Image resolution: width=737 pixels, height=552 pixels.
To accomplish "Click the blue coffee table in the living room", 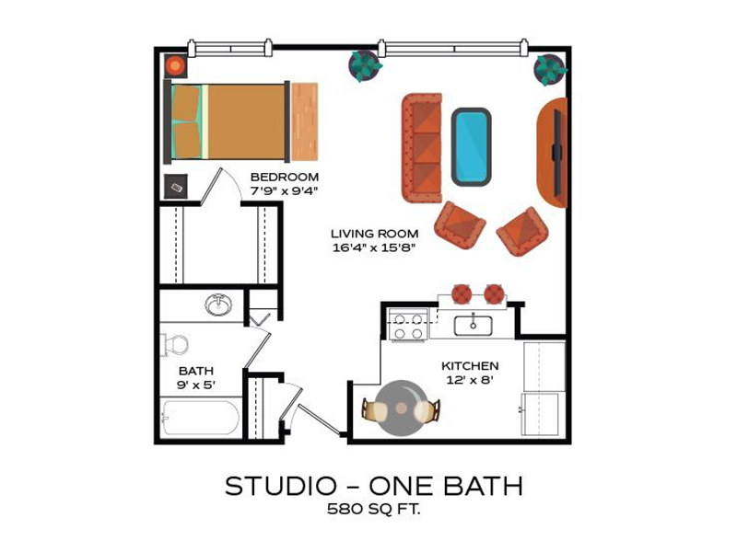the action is click(x=472, y=147).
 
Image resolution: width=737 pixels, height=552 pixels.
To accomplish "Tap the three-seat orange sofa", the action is click(x=422, y=148).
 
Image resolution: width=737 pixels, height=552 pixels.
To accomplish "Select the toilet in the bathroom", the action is click(x=175, y=345).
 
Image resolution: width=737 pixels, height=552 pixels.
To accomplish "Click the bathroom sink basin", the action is click(x=218, y=305).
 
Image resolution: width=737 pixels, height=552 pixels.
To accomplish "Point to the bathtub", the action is click(x=200, y=418).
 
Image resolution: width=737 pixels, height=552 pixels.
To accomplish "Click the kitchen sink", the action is click(x=474, y=326).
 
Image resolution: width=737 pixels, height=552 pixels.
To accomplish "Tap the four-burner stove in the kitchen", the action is click(x=408, y=325).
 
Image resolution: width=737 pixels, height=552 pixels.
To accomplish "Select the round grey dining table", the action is click(x=401, y=408).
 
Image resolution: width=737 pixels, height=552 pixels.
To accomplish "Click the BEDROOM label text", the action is click(x=285, y=177).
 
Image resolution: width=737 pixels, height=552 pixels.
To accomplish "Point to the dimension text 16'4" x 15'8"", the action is click(x=374, y=247).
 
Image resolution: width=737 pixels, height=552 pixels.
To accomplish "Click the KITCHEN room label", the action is click(x=470, y=365).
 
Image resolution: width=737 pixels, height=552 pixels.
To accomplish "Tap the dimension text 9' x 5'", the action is click(x=196, y=385).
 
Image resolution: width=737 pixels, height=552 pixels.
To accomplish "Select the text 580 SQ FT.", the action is click(x=374, y=509).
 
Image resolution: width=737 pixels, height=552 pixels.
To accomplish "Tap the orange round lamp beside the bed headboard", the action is click(x=175, y=66).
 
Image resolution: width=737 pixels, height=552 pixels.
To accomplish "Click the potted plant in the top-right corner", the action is click(x=549, y=70).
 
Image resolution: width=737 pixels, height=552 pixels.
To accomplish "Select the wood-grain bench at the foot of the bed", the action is click(x=305, y=122).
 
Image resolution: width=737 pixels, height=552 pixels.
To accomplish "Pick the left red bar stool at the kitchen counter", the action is click(x=462, y=293).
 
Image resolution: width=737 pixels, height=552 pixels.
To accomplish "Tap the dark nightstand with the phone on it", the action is click(x=176, y=187).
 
